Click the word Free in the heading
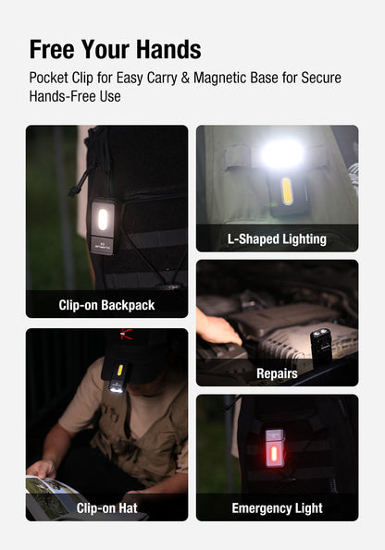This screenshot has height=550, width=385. coord(56,49)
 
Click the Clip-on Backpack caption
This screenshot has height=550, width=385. coord(106,304)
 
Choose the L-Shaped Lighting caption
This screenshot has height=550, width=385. coord(277,238)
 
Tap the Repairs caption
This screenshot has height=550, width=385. coord(277,373)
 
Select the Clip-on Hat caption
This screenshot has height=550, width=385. coord(106,507)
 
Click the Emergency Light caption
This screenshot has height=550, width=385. coord(277,507)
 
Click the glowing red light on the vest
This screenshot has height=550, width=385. coord(275,455)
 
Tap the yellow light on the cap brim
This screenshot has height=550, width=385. coord(119,371)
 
